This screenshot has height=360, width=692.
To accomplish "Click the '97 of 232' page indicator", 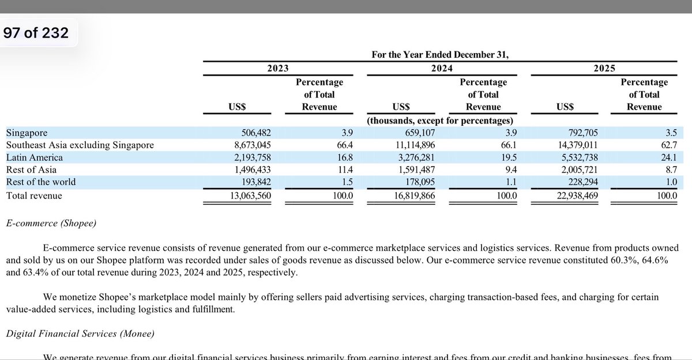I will coord(36,33).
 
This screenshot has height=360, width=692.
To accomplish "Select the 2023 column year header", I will coord(278,68).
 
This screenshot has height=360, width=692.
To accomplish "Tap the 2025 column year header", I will coord(604,68).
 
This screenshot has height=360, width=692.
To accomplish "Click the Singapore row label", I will coord(27,133).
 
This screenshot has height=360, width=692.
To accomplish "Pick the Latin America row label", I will coord(35,157).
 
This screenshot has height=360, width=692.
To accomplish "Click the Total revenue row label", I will coord(34,196).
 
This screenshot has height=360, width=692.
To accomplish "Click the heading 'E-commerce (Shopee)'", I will coord(51,223).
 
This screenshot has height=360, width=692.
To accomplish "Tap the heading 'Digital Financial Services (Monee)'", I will coord(80,333).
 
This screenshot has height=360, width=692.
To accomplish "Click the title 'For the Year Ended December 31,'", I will coord(441,55).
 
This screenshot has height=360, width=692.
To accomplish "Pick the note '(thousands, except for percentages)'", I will coord(441,121).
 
